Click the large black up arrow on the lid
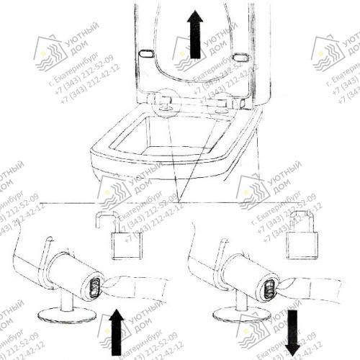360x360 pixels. click(x=193, y=40)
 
